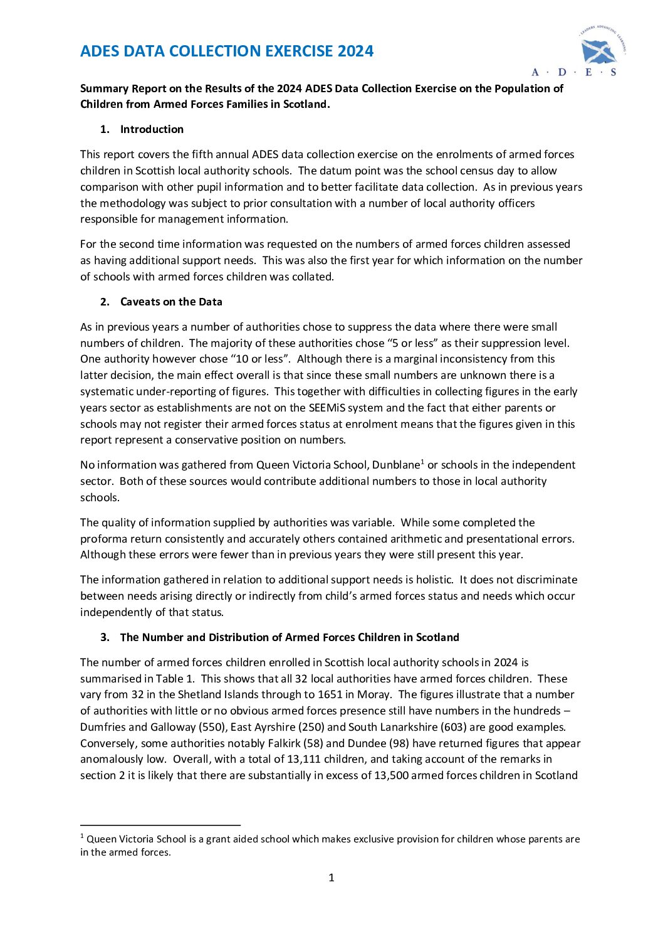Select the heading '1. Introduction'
click(142, 129)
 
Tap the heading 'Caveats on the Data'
click(171, 302)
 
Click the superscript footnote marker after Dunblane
click(422, 462)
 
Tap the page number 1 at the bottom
click(331, 878)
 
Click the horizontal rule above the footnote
click(160, 825)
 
